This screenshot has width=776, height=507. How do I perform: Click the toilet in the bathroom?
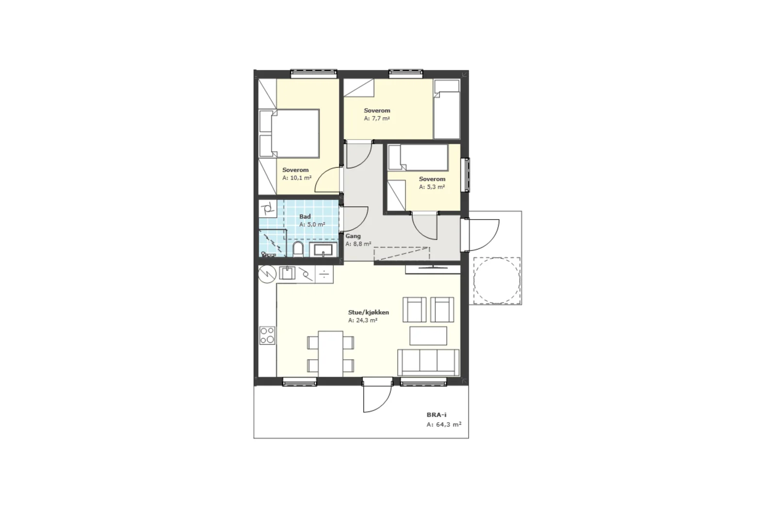298,249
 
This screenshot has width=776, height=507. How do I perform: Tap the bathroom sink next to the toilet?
323,250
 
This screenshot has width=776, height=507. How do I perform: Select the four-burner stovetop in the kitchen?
267,335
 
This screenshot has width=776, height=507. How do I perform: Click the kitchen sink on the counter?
287,273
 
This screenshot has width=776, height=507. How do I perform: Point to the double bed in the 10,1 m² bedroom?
289,134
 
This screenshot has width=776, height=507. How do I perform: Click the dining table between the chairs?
330,353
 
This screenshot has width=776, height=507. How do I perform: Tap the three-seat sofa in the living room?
428,363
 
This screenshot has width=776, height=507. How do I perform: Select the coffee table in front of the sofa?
428,335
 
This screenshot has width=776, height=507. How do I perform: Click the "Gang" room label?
353,236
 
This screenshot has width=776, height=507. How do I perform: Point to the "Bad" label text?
305,217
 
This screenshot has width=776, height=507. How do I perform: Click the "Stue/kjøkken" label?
369,312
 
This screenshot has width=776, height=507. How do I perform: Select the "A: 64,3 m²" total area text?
444,425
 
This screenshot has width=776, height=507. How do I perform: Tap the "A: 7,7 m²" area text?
377,118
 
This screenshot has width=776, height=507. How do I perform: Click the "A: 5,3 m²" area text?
432,187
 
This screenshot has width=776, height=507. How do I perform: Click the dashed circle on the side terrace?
497,281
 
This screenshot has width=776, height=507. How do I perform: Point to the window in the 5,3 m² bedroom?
467,175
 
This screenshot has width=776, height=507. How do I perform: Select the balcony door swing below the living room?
377,399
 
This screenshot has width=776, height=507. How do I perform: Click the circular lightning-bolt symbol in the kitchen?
267,274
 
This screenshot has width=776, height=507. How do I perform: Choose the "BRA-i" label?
436,415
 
